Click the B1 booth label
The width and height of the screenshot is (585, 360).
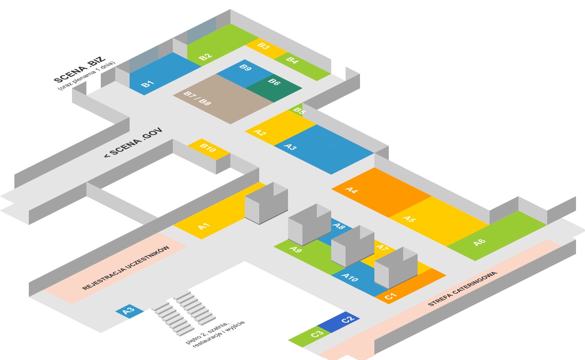(148, 84)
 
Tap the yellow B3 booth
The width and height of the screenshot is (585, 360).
(265, 47)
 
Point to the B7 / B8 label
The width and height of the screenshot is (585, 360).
(197, 98)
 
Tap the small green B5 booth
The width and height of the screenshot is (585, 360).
(298, 110)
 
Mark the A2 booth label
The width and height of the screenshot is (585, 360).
(260, 132)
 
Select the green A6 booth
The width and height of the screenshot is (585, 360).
(479, 242)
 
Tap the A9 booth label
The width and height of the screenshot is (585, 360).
(296, 249)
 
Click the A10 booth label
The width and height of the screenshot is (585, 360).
(350, 278)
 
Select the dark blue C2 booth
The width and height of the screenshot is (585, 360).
(346, 319)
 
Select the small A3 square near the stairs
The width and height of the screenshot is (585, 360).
(129, 310)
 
